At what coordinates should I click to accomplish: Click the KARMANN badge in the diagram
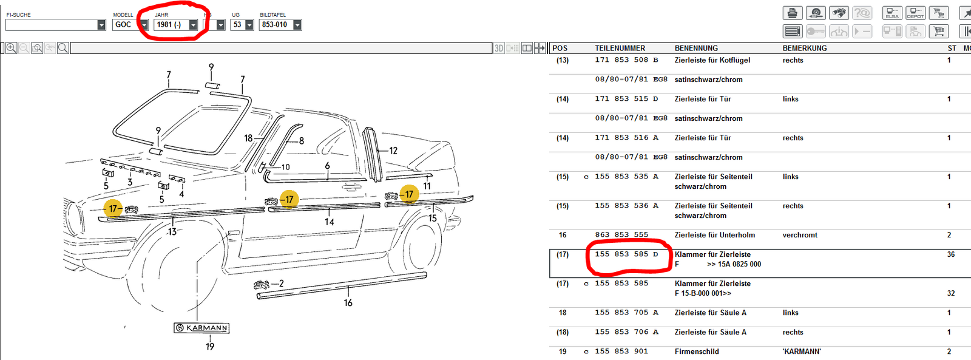(201, 328)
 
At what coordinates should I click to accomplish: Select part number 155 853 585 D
(627, 254)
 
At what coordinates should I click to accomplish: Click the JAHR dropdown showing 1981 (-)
(176, 25)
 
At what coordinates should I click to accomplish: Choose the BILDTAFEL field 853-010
(280, 25)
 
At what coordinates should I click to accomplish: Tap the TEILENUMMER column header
(620, 48)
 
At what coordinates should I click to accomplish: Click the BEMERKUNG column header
(805, 48)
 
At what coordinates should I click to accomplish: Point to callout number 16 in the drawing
(348, 303)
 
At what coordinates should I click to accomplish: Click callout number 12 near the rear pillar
(393, 151)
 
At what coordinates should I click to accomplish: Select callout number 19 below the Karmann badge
(210, 347)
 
